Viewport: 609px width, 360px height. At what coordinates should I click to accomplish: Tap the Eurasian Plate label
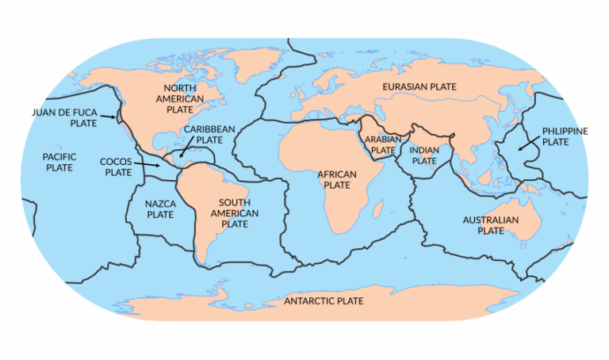point(419,86)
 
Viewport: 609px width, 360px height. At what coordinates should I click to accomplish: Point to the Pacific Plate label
point(59,162)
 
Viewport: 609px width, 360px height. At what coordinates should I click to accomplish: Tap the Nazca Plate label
point(160,209)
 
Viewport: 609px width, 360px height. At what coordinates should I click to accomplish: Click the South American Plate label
point(235,213)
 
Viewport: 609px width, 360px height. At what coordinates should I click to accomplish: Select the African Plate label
point(337,179)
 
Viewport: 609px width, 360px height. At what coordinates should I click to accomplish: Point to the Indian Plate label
point(424,155)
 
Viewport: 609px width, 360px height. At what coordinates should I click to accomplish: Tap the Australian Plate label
point(491,224)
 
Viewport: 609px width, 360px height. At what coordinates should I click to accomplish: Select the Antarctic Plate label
point(324,301)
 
